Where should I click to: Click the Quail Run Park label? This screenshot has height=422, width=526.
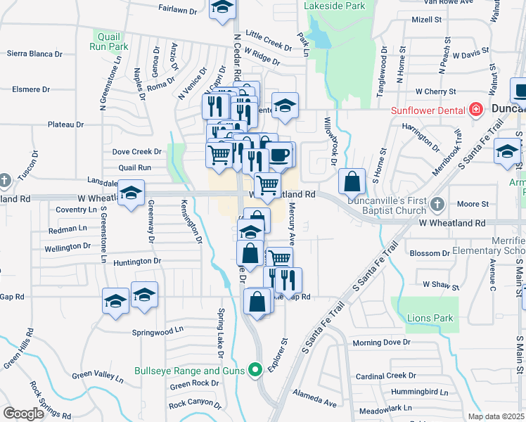point(108,41)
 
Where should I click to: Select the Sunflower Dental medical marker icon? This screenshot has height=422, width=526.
point(476,110)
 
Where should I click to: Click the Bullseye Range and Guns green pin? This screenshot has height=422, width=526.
point(255,369)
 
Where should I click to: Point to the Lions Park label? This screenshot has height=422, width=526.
point(430,319)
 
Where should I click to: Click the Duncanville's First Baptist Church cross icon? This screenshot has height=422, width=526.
point(437,204)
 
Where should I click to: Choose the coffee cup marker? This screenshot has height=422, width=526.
point(280,155)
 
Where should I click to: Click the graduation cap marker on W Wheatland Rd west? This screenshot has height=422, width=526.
point(131,193)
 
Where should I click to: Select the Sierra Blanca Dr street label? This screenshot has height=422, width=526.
point(34,53)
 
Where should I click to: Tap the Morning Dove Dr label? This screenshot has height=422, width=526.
point(381,343)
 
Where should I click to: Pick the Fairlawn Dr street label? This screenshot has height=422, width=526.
point(177,10)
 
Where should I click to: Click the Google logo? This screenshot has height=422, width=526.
point(23,414)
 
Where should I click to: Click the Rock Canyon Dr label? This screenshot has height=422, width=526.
point(195,404)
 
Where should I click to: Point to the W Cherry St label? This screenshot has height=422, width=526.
point(436,91)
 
